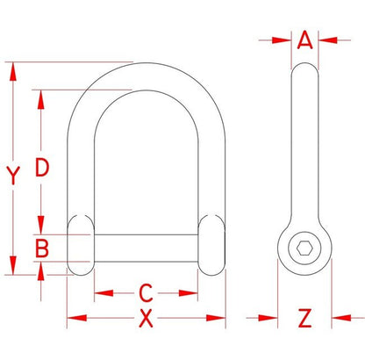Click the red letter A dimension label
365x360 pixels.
pos(304,40)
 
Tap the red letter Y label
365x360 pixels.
pos(13,176)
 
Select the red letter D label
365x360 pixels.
pos(42,167)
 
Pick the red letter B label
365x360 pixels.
pos(41,248)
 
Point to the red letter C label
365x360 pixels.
pos(146,292)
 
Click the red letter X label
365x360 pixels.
pos(146,318)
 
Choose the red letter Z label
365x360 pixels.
pos(304,318)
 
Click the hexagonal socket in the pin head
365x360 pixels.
pos(304,248)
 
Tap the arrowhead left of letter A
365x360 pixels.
pos(282,40)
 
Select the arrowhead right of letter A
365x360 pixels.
pos(328,40)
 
